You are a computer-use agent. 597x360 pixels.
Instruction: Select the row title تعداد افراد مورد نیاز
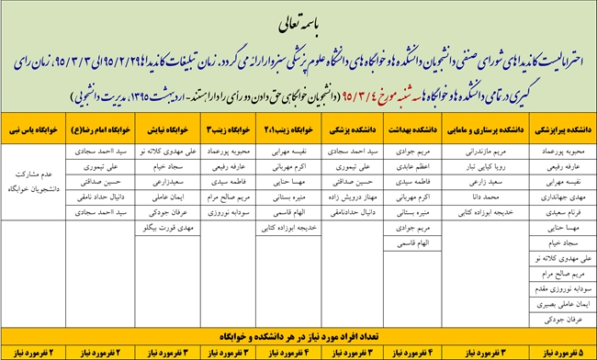298,337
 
